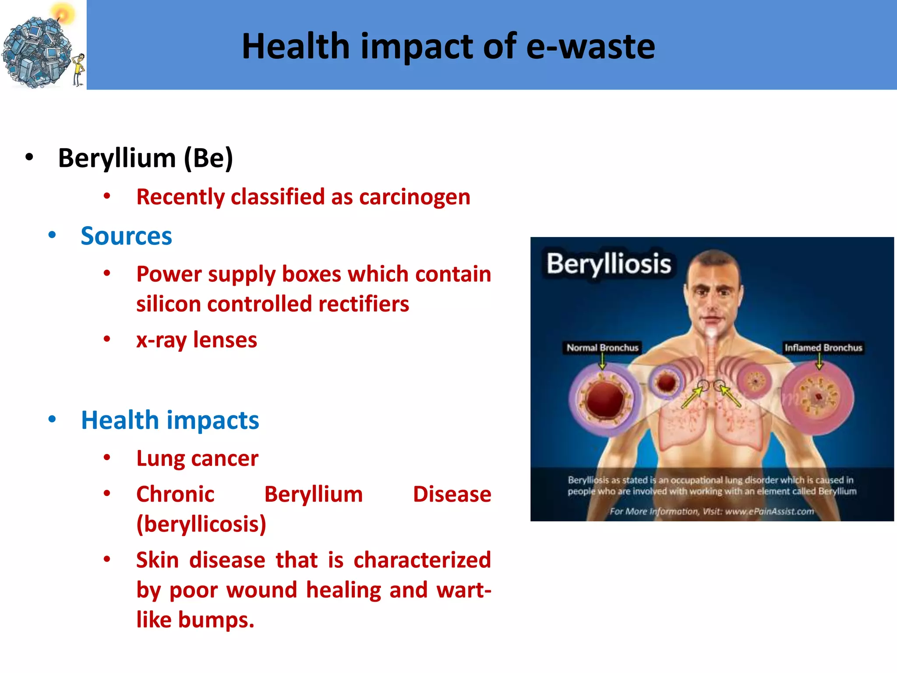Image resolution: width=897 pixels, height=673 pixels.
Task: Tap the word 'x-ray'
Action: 161,340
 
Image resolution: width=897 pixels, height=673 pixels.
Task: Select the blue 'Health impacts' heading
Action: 170,420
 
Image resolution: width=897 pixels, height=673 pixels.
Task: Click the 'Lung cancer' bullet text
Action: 197,459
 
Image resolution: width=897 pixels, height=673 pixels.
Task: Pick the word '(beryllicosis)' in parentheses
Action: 201,524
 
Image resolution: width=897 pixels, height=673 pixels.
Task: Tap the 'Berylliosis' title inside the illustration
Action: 609,264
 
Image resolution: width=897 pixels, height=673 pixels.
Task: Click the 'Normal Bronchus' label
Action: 602,347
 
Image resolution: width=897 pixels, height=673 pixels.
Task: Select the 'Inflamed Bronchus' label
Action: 823,347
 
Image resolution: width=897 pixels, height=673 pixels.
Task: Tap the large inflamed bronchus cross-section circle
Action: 817,398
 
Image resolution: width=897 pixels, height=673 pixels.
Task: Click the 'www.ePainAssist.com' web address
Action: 769,511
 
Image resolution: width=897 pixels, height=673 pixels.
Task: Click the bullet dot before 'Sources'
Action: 52,235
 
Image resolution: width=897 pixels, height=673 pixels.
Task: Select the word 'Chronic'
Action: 175,495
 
